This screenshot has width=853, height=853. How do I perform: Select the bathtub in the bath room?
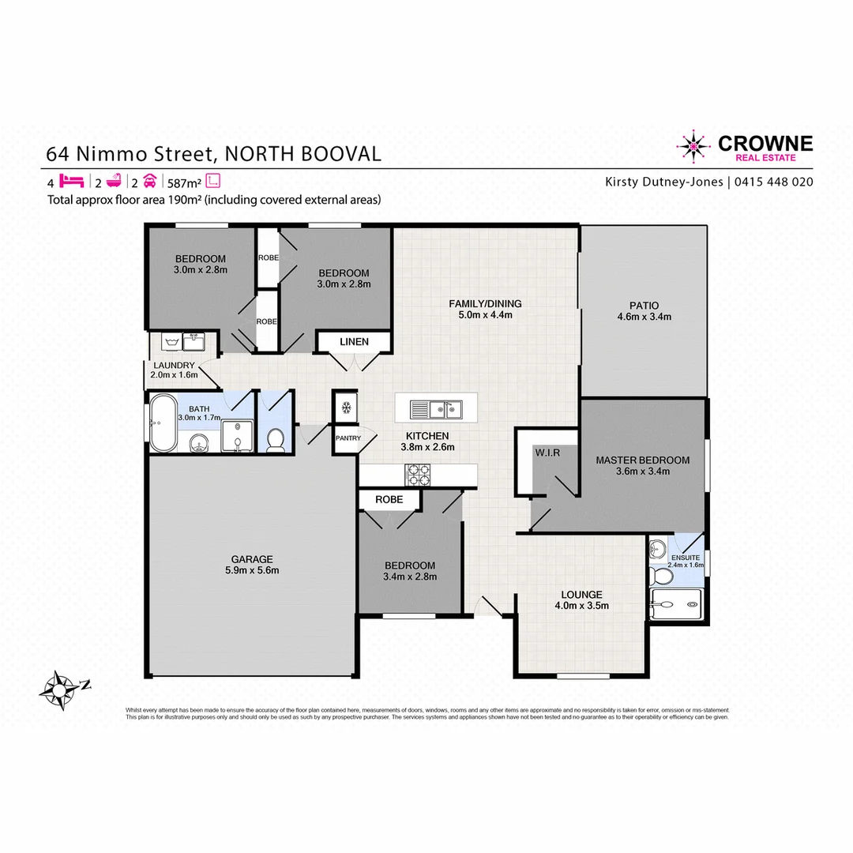163,424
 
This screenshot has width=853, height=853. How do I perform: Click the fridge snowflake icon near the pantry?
345,408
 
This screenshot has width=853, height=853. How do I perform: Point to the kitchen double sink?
435,409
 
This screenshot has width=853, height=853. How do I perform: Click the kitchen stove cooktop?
418,474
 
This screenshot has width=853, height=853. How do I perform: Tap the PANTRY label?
348,438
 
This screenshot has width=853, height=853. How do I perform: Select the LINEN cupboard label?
354,341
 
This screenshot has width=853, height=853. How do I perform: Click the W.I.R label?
547,453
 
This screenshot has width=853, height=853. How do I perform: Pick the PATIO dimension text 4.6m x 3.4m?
644,317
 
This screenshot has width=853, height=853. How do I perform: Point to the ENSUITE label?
685,556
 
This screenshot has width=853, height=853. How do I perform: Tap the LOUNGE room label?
582,595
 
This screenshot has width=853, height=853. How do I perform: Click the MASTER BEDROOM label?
642,460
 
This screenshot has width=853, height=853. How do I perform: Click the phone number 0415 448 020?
774,182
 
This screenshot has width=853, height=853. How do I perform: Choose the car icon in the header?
148,180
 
